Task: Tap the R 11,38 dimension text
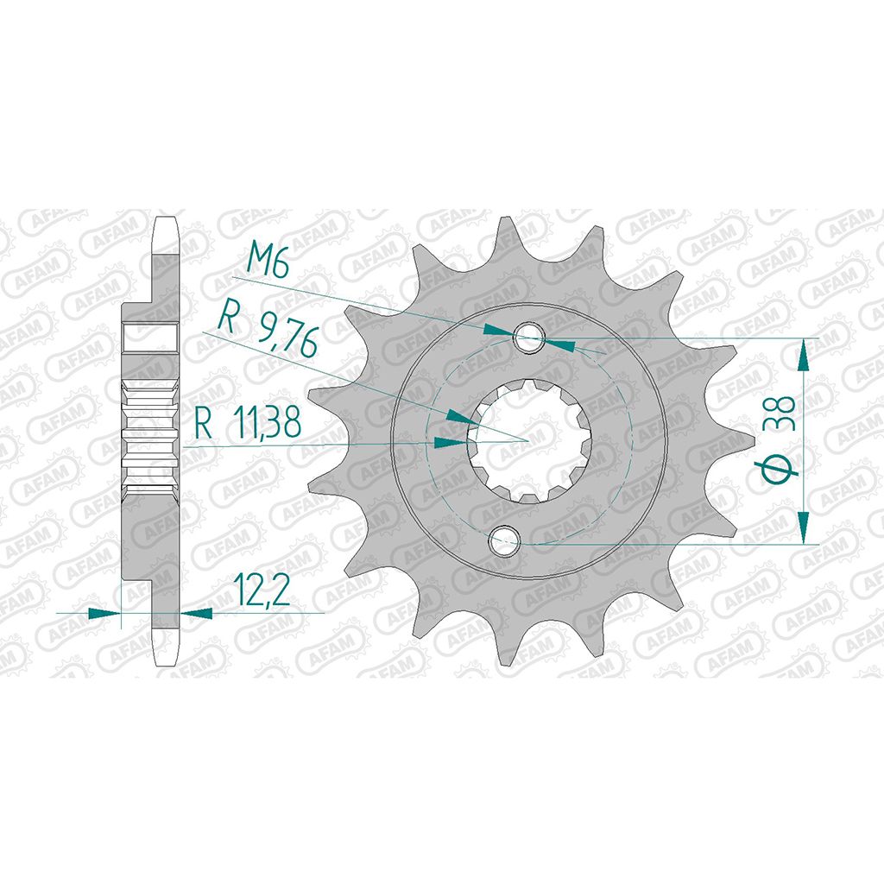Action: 248,422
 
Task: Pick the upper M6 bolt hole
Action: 528,338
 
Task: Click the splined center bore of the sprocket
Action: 528,440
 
